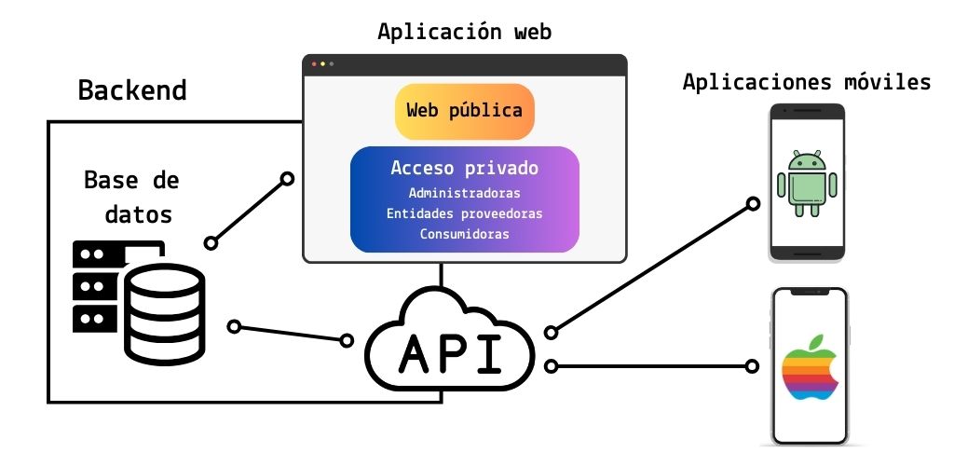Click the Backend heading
coord(132,90)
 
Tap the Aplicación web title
coord(464,32)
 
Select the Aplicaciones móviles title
coord(807,82)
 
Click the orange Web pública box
coord(464,111)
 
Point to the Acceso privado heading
coord(464,169)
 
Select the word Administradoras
coord(464,193)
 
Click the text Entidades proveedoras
coord(464,213)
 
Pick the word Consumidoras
coord(464,234)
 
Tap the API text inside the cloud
coord(450,354)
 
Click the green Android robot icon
coord(807,183)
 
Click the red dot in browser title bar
coord(314,64)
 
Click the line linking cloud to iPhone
coord(652,366)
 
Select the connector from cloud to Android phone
coord(652,267)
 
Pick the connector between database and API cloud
coord(292,334)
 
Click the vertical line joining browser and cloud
coord(442,276)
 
